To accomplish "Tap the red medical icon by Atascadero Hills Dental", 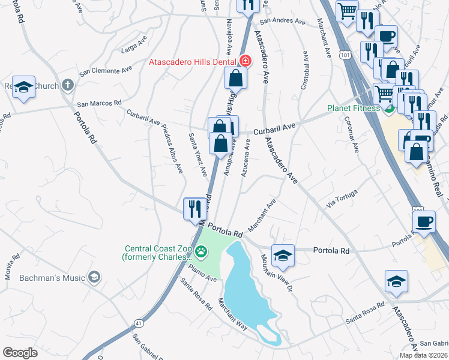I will point(244,61).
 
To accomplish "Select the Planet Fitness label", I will point(353,109).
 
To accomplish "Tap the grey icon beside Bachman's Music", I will point(93,277).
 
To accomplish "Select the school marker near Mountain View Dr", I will point(283,256).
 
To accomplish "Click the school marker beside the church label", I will point(23,88).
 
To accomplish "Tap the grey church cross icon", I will point(67,85).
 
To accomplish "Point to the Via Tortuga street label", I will point(342,197).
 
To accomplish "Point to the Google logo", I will point(20,353).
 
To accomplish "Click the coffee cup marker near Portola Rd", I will point(425,221).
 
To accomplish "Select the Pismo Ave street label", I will point(201,274).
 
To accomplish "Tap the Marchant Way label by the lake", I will point(232,314).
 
